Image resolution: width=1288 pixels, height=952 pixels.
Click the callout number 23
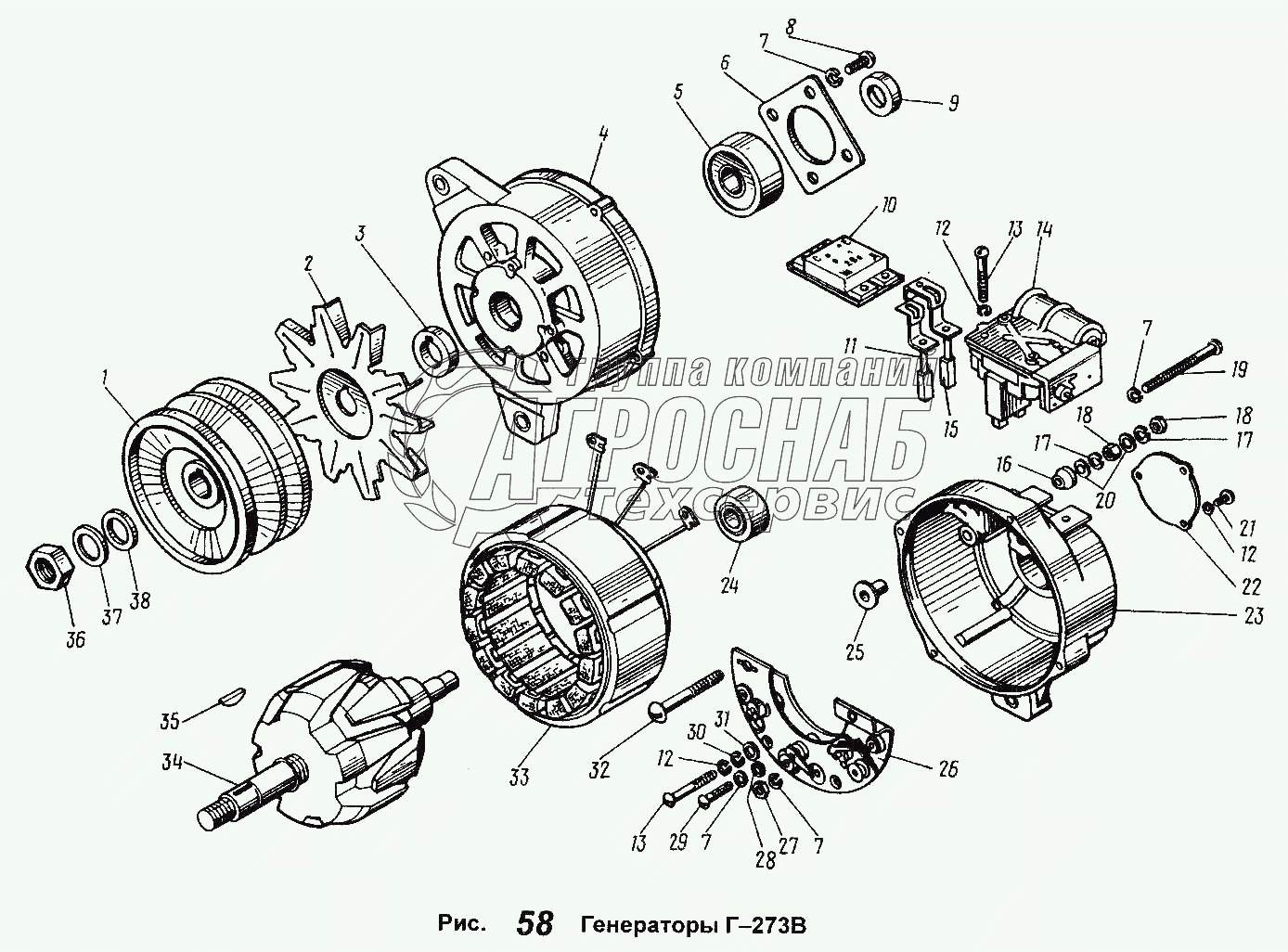[x=1254, y=615]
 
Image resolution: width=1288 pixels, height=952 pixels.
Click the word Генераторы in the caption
[x=644, y=925]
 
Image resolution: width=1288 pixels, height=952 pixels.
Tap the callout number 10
[x=889, y=204]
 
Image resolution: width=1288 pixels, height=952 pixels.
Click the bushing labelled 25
[x=870, y=591]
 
